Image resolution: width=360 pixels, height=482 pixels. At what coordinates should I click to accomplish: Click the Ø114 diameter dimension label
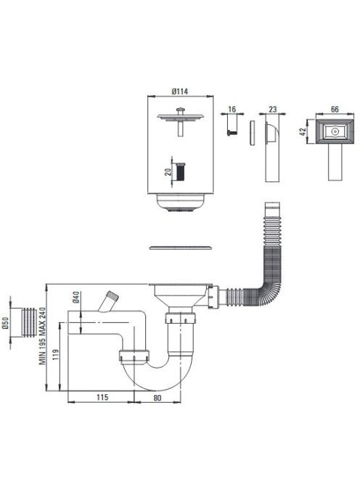point(180,91)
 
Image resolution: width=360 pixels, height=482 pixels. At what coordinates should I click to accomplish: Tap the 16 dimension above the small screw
point(232,110)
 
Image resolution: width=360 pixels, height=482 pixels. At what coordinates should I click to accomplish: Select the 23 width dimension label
point(273,109)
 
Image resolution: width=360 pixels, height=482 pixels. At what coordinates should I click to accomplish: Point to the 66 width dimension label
point(335,109)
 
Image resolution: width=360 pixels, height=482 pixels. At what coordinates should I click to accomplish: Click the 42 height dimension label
point(303,131)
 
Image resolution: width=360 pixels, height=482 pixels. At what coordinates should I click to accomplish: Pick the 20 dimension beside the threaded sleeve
point(168,171)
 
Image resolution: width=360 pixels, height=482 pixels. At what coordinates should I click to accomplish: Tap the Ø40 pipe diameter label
point(76,297)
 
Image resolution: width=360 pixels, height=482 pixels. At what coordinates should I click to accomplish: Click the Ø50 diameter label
point(5,323)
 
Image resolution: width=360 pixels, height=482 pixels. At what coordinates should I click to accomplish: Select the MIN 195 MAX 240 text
point(42,336)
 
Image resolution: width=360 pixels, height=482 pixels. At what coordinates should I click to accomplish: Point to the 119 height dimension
point(56,355)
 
